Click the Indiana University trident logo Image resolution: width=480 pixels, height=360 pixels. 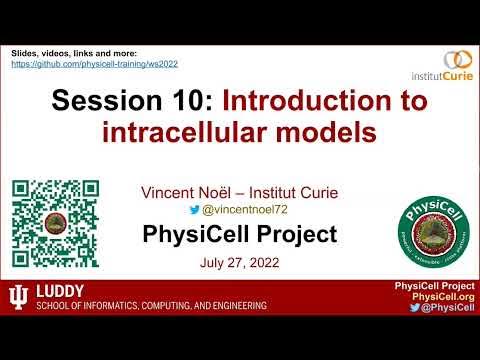pyautogui.click(x=17, y=299)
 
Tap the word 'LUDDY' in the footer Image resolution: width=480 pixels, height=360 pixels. pyautogui.click(x=60, y=292)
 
